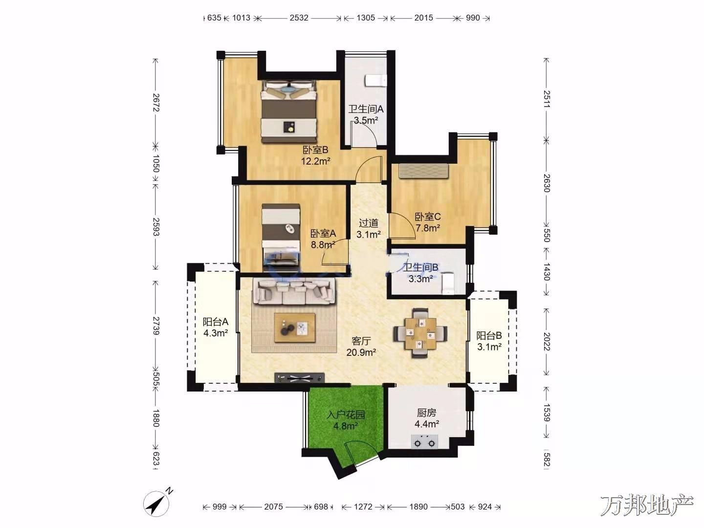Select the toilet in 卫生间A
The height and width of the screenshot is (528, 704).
click(x=377, y=80)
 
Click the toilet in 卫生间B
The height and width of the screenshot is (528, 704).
click(x=448, y=283)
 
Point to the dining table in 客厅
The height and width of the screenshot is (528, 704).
click(x=420, y=333)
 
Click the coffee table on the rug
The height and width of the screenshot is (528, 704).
click(x=295, y=328)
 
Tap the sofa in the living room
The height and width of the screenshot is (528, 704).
click(x=294, y=291)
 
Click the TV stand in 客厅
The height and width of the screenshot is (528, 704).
click(x=300, y=378)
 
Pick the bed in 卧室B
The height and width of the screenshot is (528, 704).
click(x=289, y=111)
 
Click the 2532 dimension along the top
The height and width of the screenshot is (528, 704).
click(x=299, y=18)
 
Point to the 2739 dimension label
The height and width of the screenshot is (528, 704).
click(x=156, y=326)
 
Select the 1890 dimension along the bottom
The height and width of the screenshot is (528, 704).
click(x=418, y=506)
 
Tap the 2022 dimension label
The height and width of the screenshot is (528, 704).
click(x=547, y=342)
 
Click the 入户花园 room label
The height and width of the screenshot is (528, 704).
click(x=346, y=415)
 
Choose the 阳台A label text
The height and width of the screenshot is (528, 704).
click(x=216, y=321)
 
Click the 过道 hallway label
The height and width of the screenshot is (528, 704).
click(x=369, y=223)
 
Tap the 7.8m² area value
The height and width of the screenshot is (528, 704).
click(x=428, y=228)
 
